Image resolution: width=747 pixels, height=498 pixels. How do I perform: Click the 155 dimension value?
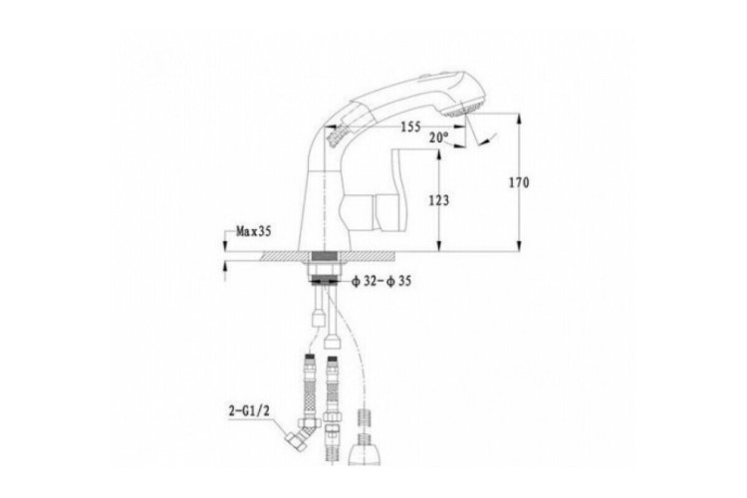[x=410, y=126]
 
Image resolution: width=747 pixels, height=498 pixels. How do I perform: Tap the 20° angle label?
[x=439, y=137]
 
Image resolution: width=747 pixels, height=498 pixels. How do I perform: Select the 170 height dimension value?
[x=519, y=182]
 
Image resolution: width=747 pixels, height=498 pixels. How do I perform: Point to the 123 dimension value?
[x=439, y=200]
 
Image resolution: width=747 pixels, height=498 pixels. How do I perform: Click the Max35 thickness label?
[x=254, y=232]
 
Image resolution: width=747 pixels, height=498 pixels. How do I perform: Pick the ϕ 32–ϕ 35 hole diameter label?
[x=381, y=281]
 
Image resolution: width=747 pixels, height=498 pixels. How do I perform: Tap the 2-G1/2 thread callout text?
[x=249, y=410]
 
